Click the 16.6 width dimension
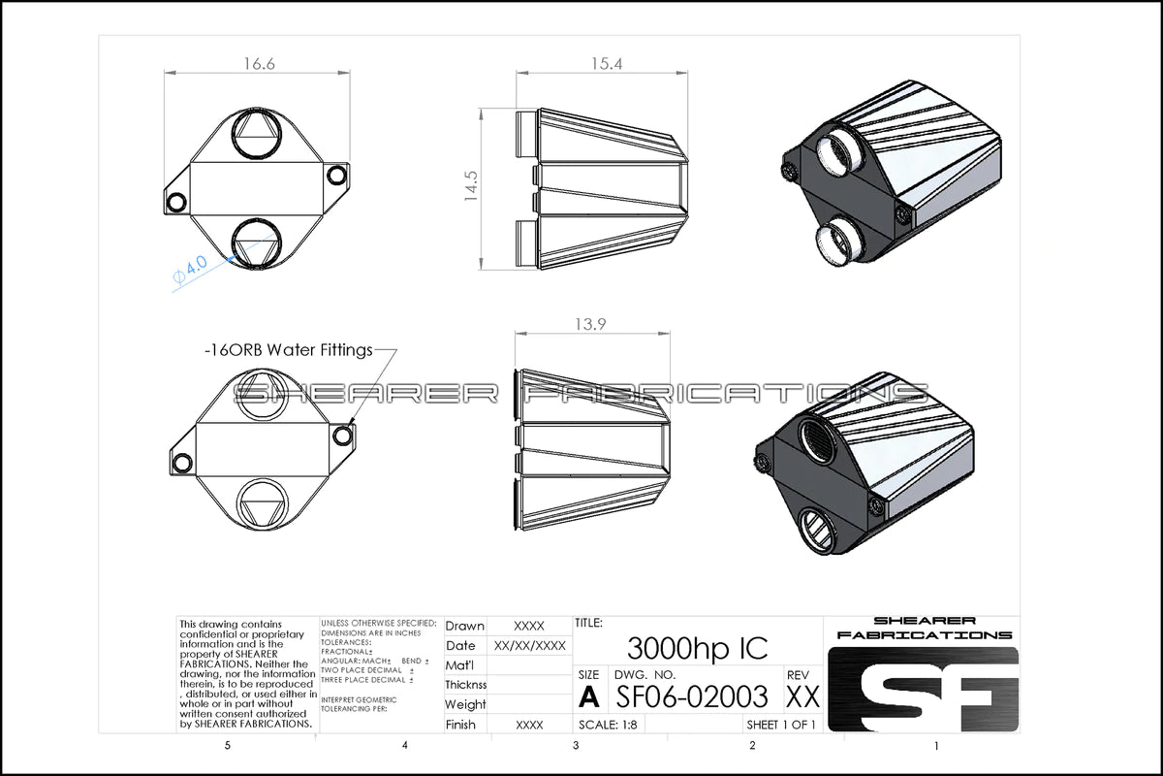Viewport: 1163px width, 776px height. pyautogui.click(x=259, y=64)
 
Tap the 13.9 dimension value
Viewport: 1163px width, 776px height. pyautogui.click(x=590, y=325)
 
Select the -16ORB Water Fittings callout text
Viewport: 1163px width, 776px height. pyautogui.click(x=289, y=350)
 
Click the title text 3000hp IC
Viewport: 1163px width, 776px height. pyautogui.click(x=697, y=647)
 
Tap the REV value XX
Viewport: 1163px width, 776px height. pyautogui.click(x=802, y=695)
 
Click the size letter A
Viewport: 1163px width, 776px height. pyautogui.click(x=588, y=695)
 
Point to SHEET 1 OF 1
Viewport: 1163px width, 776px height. pyautogui.click(x=781, y=725)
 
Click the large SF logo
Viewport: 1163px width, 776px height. pyautogui.click(x=922, y=689)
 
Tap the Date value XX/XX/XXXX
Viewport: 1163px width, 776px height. pyautogui.click(x=529, y=646)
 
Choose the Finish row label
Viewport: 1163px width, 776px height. pyautogui.click(x=460, y=725)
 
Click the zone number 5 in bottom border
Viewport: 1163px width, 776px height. pyautogui.click(x=227, y=746)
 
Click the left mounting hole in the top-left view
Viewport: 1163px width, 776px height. pyautogui.click(x=176, y=201)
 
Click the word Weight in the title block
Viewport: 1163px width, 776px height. pyautogui.click(x=465, y=705)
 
